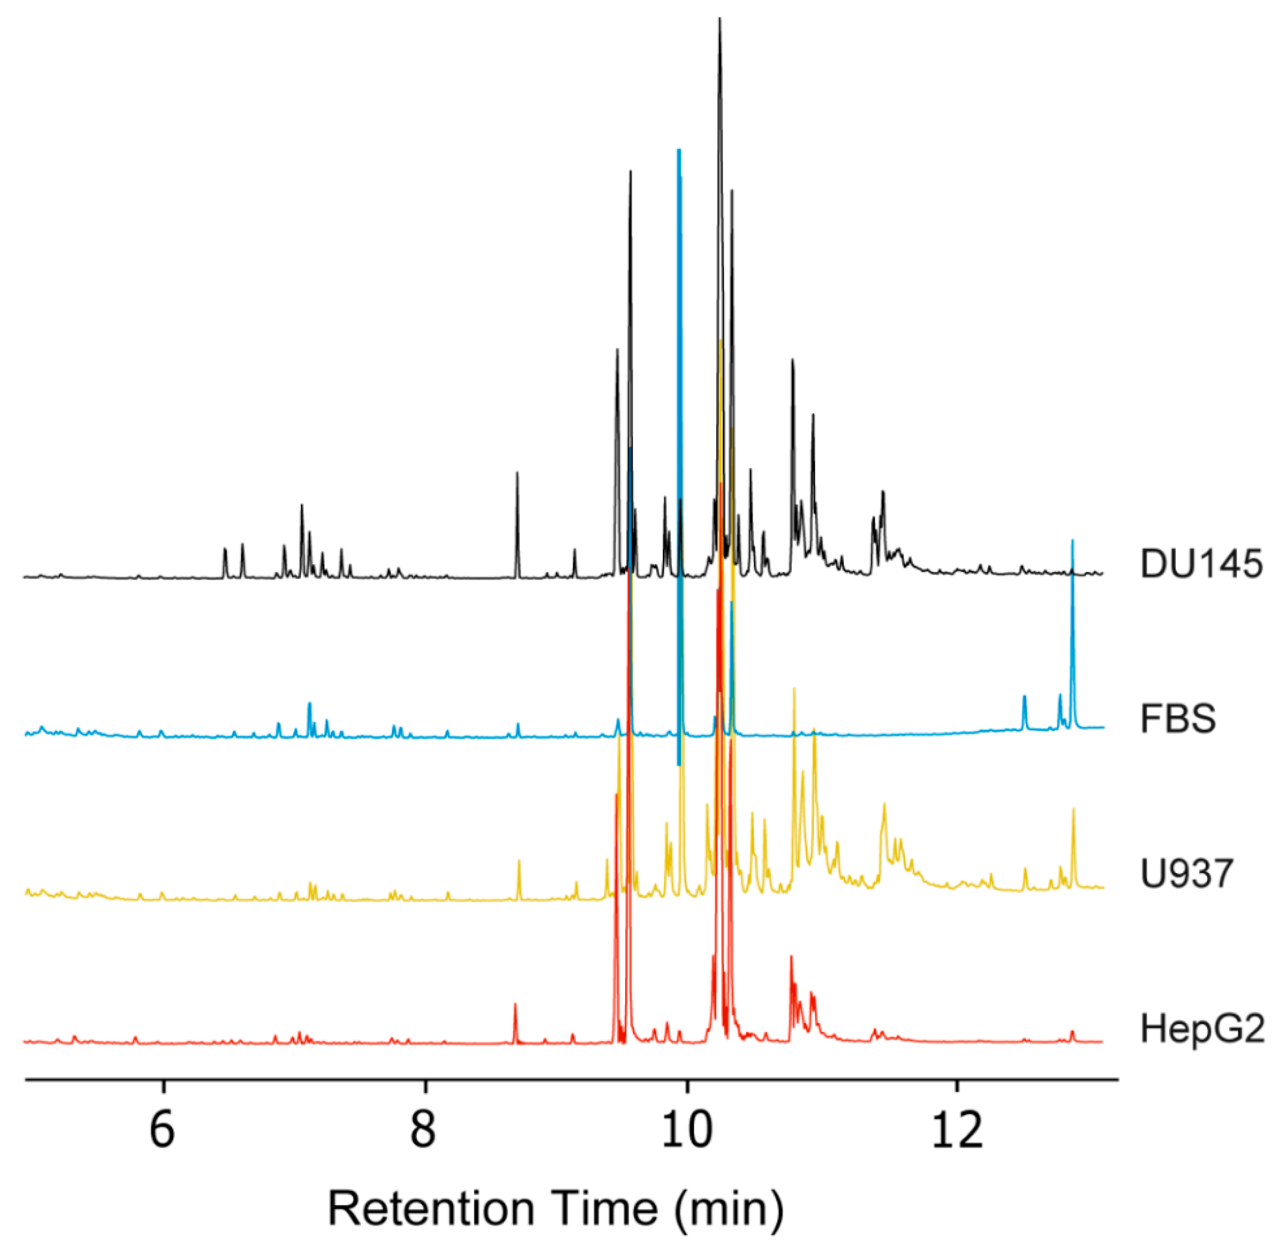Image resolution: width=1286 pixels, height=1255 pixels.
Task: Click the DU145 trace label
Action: pyautogui.click(x=1201, y=564)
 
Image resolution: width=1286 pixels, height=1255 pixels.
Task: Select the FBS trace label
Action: pyautogui.click(x=1178, y=718)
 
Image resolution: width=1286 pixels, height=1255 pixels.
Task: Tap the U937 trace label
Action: pyautogui.click(x=1186, y=874)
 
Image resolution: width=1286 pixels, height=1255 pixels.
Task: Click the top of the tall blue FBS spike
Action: pyautogui.click(x=679, y=152)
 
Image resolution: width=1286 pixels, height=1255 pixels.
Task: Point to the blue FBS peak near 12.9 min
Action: pyautogui.click(x=1073, y=541)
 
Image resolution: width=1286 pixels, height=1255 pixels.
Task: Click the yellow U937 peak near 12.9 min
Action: pyautogui.click(x=1073, y=809)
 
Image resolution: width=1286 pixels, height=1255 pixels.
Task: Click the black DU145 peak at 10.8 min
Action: pyautogui.click(x=792, y=360)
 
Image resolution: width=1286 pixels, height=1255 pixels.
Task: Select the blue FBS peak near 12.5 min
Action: pyautogui.click(x=1024, y=697)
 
